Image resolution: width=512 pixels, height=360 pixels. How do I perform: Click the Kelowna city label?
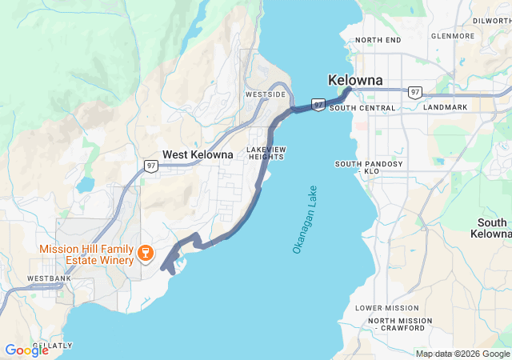coord(355,81)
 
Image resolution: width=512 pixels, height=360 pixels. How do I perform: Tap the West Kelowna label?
coord(198,154)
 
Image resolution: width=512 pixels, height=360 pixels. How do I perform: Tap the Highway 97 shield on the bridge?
coord(318,105)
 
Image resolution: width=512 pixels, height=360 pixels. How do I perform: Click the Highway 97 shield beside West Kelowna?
coord(151,166)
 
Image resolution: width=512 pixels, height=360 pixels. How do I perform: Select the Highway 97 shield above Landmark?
coord(414,92)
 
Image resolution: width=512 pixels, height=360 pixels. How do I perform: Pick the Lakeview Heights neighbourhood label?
coord(266,154)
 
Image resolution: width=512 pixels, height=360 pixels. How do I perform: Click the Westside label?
coord(265,94)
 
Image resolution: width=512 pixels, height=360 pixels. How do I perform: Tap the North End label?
coord(378,40)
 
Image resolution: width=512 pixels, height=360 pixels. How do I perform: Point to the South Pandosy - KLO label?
coord(369,167)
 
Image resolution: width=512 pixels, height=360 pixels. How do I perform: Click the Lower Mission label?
coord(386,308)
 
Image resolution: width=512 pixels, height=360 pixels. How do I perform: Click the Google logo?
coord(26,350)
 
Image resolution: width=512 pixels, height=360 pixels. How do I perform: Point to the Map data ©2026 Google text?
coord(462,354)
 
